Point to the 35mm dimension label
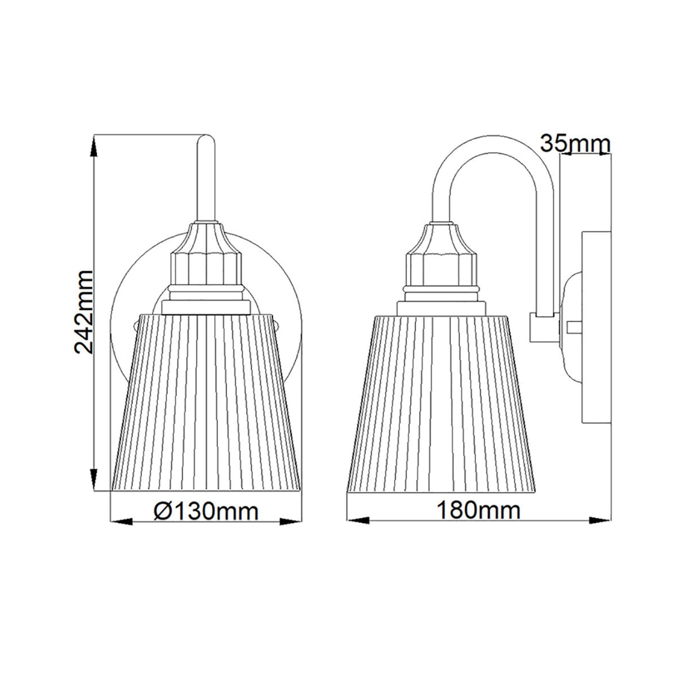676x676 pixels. (x=575, y=143)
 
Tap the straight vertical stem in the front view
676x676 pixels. (x=206, y=180)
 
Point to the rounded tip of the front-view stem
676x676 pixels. (x=206, y=139)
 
